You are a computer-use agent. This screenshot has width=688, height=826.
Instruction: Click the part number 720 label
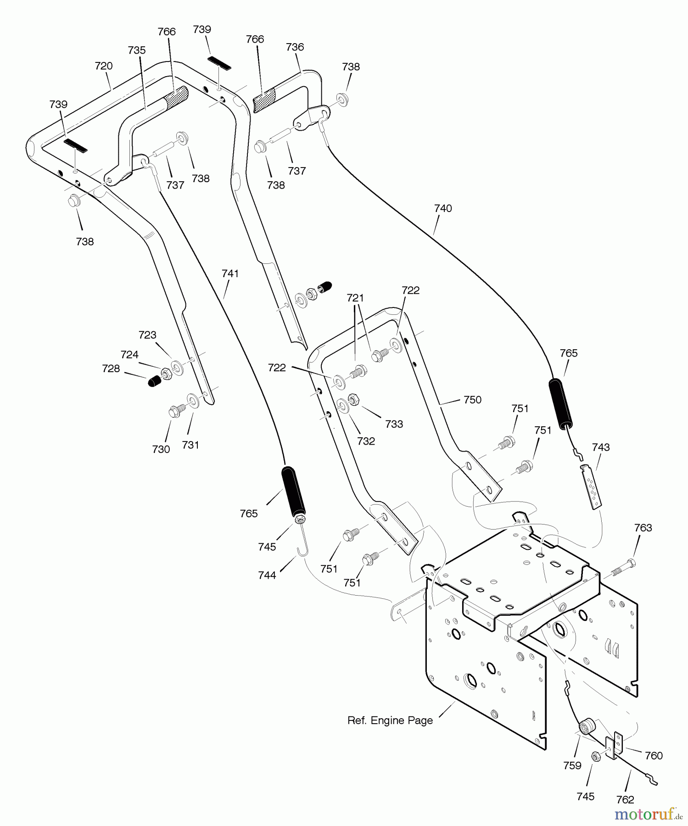[x=104, y=66]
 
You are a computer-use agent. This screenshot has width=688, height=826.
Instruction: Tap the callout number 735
[x=137, y=50]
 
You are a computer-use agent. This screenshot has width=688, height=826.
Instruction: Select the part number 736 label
[x=295, y=47]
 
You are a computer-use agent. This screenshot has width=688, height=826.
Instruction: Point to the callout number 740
[x=443, y=208]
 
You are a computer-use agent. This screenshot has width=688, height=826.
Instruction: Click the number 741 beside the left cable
[x=230, y=273]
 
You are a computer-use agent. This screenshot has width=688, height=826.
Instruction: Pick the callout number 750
[x=472, y=400]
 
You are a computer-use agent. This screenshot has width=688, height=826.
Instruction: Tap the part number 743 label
[x=601, y=447]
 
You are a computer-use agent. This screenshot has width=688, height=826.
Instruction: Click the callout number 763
[x=643, y=528]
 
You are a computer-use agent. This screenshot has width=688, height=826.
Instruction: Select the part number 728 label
[x=111, y=368]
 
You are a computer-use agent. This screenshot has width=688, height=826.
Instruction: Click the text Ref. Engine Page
[x=390, y=720]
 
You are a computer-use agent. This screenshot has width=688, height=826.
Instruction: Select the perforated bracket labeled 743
[x=592, y=486]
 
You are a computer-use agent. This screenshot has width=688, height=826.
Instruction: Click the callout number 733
[x=394, y=424]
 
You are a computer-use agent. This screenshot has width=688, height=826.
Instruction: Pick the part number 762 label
[x=625, y=800]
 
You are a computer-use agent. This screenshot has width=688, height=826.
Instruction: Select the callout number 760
[x=654, y=755]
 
